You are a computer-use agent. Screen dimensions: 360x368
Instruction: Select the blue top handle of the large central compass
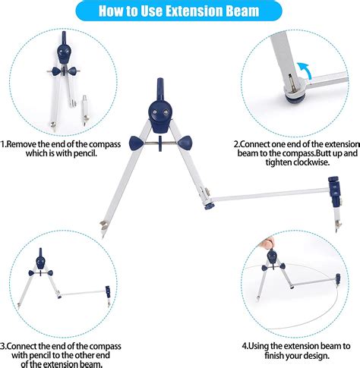pos(160,89)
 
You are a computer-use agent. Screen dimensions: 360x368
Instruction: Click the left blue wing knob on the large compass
pos(137,143)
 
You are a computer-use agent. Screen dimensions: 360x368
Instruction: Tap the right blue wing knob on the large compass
pos(185,142)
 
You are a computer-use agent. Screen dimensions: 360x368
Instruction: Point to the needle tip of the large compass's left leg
pos(103,236)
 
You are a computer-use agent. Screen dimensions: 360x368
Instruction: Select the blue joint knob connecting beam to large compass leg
pos(209,206)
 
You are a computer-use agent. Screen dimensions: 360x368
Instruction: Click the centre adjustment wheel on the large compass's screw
pos(160,143)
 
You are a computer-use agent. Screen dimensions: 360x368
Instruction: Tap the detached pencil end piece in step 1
pos(84,110)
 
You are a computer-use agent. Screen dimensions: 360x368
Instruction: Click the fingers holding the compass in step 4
pos(267,243)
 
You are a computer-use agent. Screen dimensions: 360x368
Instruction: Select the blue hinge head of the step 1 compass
pos(64,51)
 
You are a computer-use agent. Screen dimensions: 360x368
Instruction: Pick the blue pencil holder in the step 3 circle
pos(108,291)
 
